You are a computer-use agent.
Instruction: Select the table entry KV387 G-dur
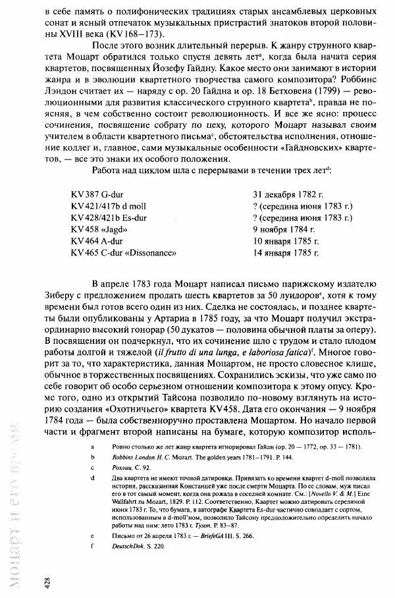point(98,196)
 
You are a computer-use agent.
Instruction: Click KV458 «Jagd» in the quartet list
point(98,229)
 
